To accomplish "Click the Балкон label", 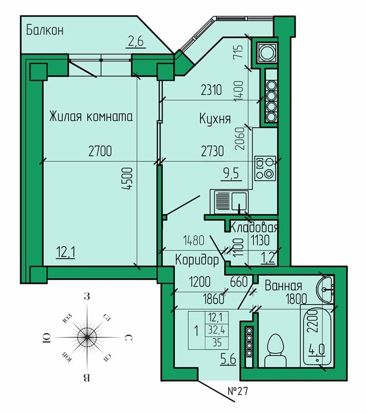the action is pyautogui.click(x=45, y=30).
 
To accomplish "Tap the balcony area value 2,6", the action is pyautogui.click(x=136, y=42).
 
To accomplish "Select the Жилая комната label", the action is pyautogui.click(x=91, y=116).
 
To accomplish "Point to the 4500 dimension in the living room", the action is pyautogui.click(x=128, y=179).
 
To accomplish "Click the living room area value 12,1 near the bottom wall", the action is pyautogui.click(x=65, y=252).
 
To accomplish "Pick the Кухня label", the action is pyautogui.click(x=215, y=119).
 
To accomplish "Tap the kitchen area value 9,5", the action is pyautogui.click(x=231, y=174).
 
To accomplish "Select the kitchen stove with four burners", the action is pyautogui.click(x=265, y=168).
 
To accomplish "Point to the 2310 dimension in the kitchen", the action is pyautogui.click(x=211, y=90).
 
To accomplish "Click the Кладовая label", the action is pyautogui.click(x=254, y=227).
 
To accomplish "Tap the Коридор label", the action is pyautogui.click(x=197, y=260).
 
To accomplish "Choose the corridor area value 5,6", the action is pyautogui.click(x=228, y=359).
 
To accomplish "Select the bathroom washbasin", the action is pyautogui.click(x=324, y=289).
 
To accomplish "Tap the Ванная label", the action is pyautogui.click(x=284, y=286).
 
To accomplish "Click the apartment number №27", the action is pyautogui.click(x=238, y=391).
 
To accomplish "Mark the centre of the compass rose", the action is pyautogui.click(x=87, y=338).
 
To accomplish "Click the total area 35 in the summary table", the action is pyautogui.click(x=217, y=343).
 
